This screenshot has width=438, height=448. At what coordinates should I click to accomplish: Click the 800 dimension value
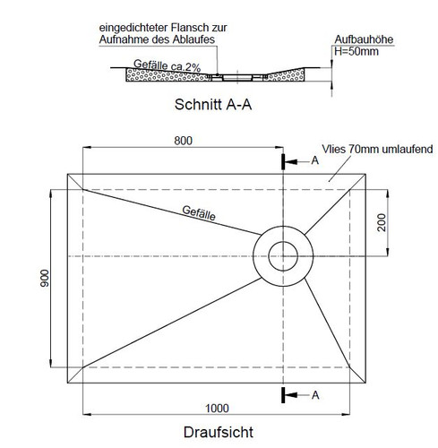pyautogui.click(x=183, y=141)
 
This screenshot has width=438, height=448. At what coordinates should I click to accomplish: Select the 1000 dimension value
pyautogui.click(x=217, y=409)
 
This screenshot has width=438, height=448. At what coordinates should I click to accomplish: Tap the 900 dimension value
pyautogui.click(x=45, y=278)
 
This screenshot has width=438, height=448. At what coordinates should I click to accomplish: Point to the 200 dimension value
pyautogui.click(x=382, y=222)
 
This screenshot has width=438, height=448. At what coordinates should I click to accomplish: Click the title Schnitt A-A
pyautogui.click(x=213, y=105)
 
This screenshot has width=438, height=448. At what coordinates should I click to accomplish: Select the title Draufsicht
pyautogui.click(x=219, y=432)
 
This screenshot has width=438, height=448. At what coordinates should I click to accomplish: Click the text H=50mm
pyautogui.click(x=356, y=51)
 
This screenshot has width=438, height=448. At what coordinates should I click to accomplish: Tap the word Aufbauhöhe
pyautogui.click(x=364, y=39)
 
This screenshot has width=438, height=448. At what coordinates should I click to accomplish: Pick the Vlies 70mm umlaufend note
pyautogui.click(x=377, y=149)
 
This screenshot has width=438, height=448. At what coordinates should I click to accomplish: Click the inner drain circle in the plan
pyautogui.click(x=283, y=242)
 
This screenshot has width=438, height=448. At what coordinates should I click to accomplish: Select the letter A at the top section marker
pyautogui.click(x=315, y=160)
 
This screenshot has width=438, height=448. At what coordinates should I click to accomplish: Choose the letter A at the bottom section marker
pyautogui.click(x=315, y=395)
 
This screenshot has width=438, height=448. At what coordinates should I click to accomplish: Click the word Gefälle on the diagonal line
pyautogui.click(x=199, y=213)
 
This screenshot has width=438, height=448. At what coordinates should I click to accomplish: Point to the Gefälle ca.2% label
pyautogui.click(x=167, y=66)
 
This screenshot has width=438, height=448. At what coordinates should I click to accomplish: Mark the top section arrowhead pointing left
pyautogui.click(x=292, y=162)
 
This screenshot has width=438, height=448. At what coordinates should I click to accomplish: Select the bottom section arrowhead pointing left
pyautogui.click(x=292, y=395)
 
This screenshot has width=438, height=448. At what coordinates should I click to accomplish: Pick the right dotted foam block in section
pyautogui.click(x=286, y=75)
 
